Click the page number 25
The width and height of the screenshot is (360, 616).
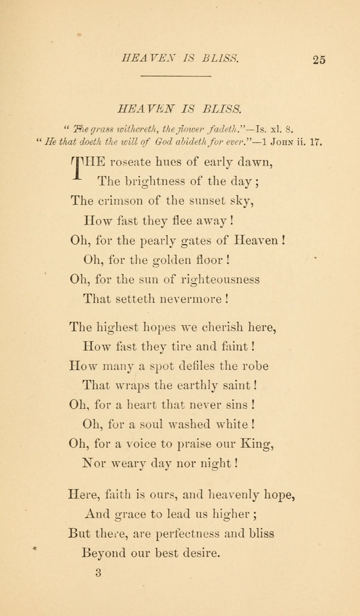318,60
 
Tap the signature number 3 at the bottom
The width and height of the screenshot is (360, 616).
98,573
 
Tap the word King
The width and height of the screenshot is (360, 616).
256,443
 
